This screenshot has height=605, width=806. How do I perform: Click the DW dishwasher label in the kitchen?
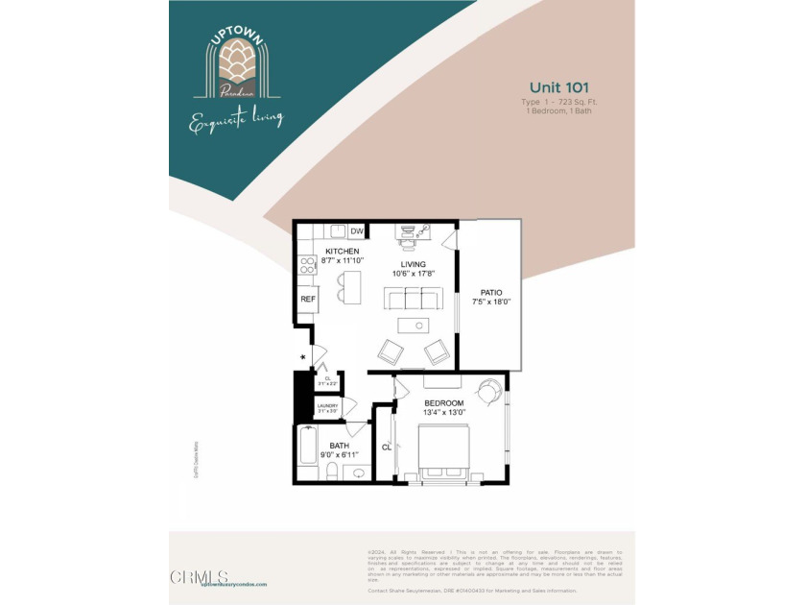(356, 231)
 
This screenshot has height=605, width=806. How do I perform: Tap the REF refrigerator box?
(308, 300)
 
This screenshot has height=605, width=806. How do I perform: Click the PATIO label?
(491, 292)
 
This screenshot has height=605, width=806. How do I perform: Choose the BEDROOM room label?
(444, 403)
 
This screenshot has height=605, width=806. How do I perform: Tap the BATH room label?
(340, 446)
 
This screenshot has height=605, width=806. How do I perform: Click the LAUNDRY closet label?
(327, 406)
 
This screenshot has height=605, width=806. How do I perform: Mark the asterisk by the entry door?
(303, 358)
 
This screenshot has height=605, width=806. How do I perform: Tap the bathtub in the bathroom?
(308, 449)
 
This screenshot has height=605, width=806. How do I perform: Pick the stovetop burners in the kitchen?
(308, 262)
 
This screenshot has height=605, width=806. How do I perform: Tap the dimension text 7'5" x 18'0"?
(491, 302)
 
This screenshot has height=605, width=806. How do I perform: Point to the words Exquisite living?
(236, 120)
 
